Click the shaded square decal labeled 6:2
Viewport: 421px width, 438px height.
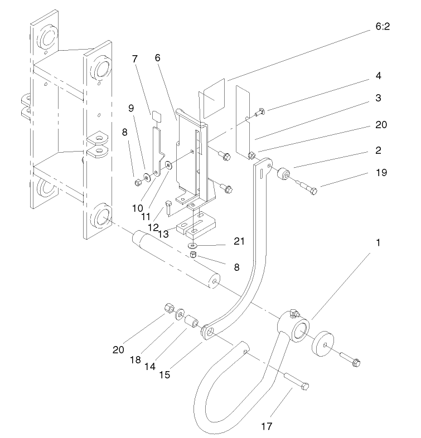tap(212, 98)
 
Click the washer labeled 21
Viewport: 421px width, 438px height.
tap(192, 245)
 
